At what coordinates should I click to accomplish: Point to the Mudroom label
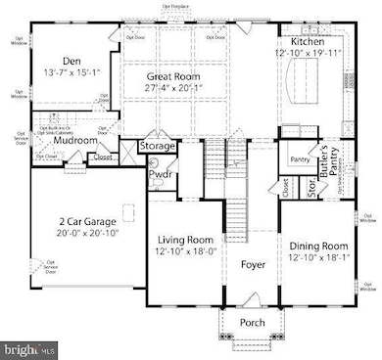click(74, 140)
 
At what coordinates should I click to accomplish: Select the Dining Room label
click(319, 245)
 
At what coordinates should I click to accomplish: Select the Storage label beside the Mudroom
click(157, 146)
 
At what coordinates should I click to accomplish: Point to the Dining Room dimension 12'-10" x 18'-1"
click(319, 257)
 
